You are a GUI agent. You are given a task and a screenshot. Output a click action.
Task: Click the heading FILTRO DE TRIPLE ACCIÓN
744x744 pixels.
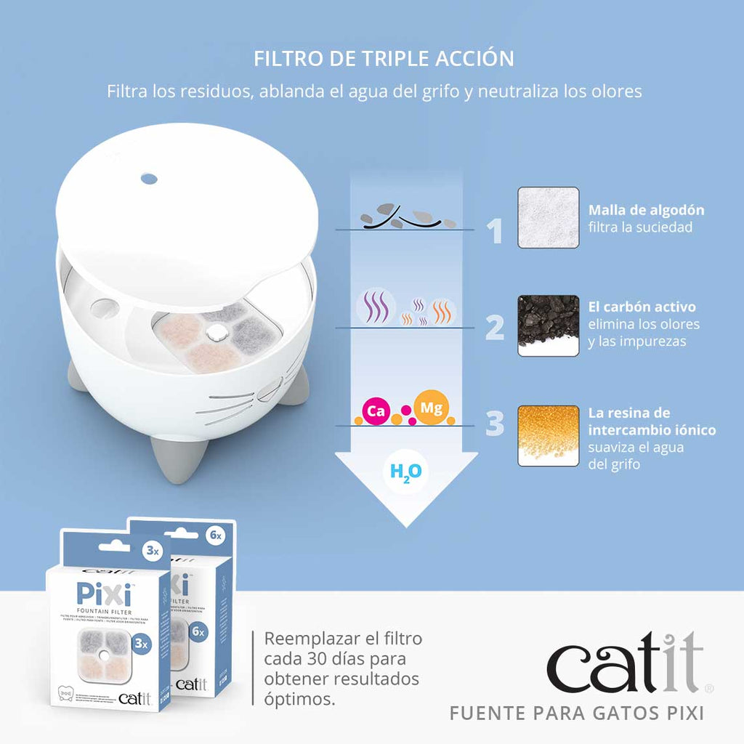[384, 58]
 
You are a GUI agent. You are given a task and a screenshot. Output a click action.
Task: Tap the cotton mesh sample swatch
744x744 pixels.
[548, 218]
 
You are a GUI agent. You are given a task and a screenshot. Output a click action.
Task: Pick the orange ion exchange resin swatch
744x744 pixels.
[548, 435]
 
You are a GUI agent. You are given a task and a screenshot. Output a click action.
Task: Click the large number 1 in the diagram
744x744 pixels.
[495, 231]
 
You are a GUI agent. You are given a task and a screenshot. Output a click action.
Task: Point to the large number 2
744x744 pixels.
[495, 328]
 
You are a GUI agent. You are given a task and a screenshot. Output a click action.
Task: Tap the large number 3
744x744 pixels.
[495, 424]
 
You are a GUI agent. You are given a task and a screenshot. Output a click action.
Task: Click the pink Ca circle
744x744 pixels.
[376, 411]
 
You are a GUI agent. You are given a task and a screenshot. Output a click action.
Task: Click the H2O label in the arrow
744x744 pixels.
[405, 472]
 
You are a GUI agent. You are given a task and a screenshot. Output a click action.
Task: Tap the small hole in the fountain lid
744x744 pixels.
[148, 177]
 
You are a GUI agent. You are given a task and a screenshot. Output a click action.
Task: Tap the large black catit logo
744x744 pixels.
[625, 663]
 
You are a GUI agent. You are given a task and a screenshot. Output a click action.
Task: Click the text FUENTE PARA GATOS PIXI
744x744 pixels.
[577, 713]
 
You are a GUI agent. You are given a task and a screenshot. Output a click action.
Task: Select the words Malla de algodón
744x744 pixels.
[646, 210]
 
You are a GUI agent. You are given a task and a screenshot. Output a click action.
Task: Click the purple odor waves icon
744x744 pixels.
[376, 305]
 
